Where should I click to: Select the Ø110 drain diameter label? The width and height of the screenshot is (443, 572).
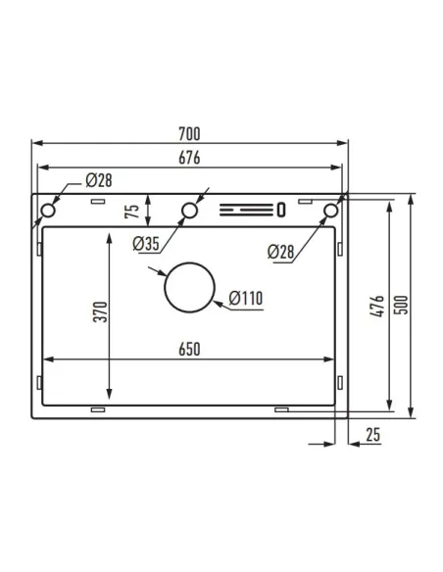[247, 299]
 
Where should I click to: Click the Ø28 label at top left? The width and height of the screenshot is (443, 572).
[99, 180]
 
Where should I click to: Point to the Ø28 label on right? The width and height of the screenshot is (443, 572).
[280, 252]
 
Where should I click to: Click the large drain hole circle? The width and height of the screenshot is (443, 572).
[189, 288]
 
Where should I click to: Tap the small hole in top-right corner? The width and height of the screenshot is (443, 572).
[331, 209]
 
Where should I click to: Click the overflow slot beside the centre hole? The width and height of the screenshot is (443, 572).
[251, 209]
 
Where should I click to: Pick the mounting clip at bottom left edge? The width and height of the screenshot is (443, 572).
[98, 405]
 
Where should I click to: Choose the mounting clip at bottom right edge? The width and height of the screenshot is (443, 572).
[282, 405]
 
